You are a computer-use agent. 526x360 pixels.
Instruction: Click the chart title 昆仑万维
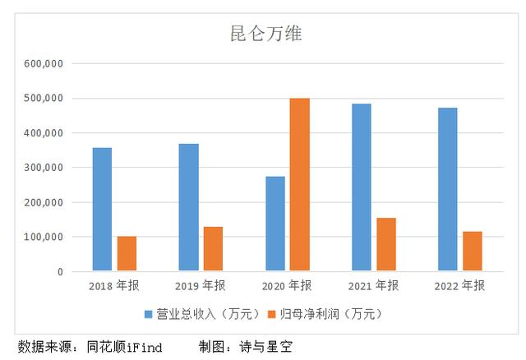(x=262, y=35)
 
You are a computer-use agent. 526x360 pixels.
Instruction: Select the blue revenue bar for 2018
(x=102, y=209)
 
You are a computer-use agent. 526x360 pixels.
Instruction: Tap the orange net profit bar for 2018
(x=127, y=253)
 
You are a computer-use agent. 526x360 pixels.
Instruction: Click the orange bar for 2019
(x=213, y=248)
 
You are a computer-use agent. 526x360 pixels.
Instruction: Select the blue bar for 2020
(x=275, y=224)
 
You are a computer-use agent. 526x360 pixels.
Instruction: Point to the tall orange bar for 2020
(x=299, y=185)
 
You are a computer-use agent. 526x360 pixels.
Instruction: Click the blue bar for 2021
(x=361, y=187)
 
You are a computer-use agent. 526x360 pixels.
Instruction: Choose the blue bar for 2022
(x=447, y=189)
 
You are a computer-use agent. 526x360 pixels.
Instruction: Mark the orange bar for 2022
(x=472, y=251)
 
